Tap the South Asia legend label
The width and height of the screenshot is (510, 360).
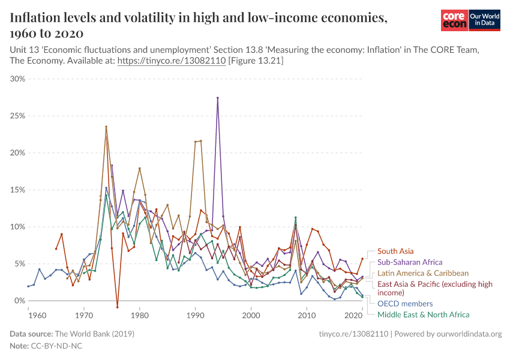point(395,251)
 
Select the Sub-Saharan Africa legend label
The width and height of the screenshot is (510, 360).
point(410,262)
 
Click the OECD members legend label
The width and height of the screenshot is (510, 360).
point(405,304)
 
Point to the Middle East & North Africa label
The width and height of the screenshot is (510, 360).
point(423,314)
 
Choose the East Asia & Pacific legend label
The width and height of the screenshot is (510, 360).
point(434,288)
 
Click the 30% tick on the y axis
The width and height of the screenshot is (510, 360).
point(17,79)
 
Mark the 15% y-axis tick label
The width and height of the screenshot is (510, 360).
point(17,190)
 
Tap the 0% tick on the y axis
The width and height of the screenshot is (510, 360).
point(20,301)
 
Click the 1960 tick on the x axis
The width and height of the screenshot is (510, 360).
point(37,314)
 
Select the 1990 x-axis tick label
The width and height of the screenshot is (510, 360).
point(195,314)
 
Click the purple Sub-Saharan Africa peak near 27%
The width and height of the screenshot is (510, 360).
point(217,98)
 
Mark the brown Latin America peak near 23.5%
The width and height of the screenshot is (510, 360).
point(106,127)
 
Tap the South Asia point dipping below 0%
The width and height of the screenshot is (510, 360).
point(118,307)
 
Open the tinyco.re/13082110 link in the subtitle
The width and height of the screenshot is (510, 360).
point(171,61)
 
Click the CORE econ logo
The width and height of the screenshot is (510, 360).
point(454,20)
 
